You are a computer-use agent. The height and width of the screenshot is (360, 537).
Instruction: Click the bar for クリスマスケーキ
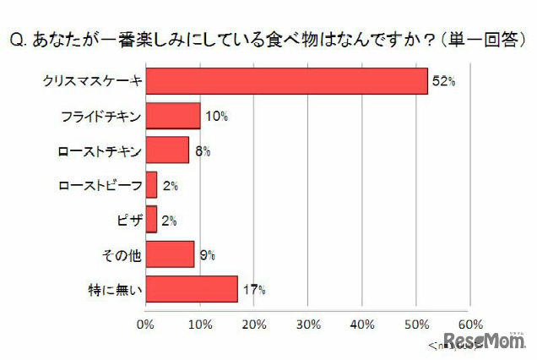tap(286, 82)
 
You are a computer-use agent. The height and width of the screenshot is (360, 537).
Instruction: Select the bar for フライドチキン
tap(173, 117)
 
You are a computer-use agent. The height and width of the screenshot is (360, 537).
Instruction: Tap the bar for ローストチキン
tap(167, 150)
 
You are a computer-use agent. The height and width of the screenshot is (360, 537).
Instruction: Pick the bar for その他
tap(170, 254)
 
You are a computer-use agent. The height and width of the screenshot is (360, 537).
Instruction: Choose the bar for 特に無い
tap(192, 288)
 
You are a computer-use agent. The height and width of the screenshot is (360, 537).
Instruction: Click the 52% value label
tap(444, 82)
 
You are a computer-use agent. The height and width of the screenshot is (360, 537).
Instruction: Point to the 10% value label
tap(217, 117)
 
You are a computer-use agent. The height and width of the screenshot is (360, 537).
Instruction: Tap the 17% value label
tap(255, 289)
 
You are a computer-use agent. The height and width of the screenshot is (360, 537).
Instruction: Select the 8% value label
tap(203, 151)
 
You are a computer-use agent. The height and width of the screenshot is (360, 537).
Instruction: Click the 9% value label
tap(208, 254)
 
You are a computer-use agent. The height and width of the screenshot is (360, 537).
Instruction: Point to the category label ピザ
tap(127, 220)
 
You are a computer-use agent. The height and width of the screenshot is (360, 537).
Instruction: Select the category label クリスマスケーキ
tap(93, 82)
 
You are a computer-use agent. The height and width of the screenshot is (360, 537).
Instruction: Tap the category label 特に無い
tap(119, 289)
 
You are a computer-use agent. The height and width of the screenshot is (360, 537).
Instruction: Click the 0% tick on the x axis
tap(146, 324)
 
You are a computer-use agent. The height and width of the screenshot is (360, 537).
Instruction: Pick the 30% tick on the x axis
tap(308, 324)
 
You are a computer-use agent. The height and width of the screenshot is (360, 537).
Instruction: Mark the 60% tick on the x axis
tap(470, 324)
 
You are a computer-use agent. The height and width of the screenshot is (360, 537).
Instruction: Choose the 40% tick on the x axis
tap(362, 324)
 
